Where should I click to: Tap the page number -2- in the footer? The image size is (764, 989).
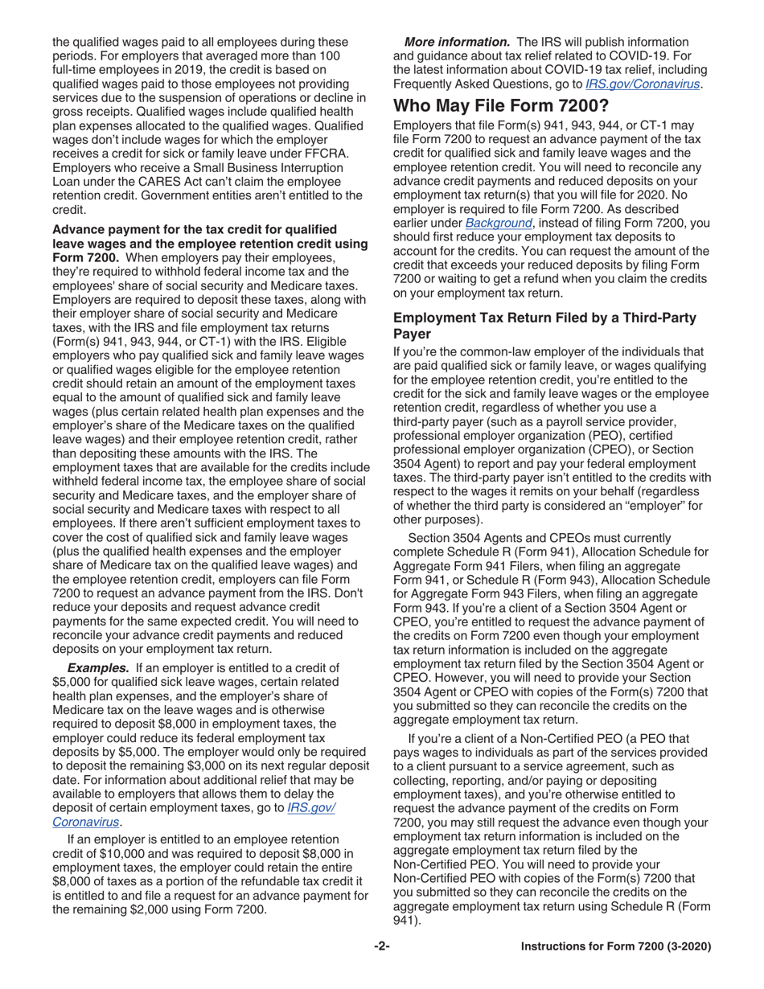(382, 947)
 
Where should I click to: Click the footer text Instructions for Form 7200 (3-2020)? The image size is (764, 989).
(616, 947)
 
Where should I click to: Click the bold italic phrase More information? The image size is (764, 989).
(457, 41)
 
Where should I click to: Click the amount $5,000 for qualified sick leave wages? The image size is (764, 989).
(71, 682)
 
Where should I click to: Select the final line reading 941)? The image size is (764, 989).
(408, 920)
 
